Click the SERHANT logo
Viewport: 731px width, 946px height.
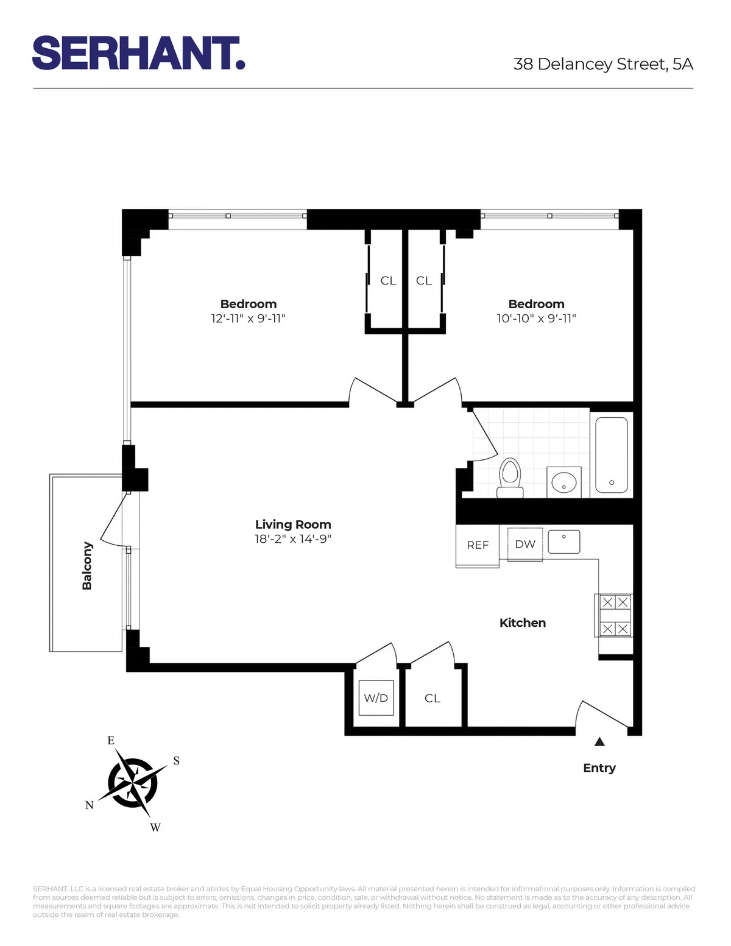[138, 54]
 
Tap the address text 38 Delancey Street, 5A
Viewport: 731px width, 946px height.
[602, 64]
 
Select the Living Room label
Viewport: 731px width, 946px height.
[293, 524]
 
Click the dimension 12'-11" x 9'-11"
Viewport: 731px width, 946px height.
[248, 319]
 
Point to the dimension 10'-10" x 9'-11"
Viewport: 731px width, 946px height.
[536, 319]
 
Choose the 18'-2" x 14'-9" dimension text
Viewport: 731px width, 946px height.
[293, 539]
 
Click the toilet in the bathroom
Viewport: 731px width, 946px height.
[510, 477]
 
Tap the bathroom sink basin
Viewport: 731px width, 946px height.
[564, 483]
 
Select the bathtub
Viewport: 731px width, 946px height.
[612, 454]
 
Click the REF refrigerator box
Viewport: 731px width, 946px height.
[478, 545]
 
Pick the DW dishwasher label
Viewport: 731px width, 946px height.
[525, 544]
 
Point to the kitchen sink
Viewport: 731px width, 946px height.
[564, 542]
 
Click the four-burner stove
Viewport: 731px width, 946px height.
[615, 615]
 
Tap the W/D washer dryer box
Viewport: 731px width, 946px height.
[376, 698]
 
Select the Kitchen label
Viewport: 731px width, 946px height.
[523, 623]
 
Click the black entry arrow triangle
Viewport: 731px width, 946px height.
[599, 741]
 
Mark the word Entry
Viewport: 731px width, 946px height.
[599, 768]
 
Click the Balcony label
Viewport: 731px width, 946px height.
[87, 565]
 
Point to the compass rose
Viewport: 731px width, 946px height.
[133, 783]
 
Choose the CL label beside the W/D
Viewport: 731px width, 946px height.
[433, 698]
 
